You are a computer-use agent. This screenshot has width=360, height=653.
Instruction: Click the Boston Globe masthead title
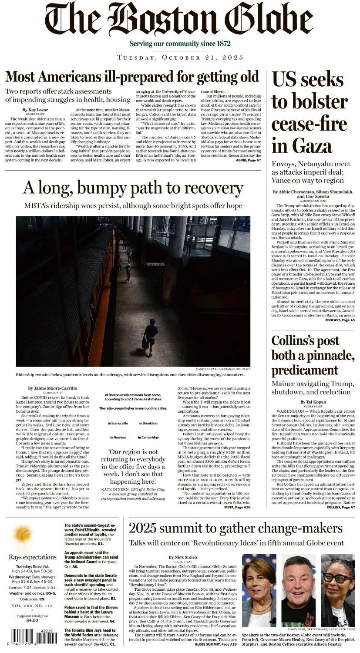point(179,20)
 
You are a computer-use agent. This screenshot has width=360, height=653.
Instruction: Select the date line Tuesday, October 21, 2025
point(180,57)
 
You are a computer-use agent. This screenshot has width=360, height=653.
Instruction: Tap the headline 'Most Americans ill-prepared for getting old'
point(132,77)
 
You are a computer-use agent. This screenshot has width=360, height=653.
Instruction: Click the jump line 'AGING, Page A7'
point(249,160)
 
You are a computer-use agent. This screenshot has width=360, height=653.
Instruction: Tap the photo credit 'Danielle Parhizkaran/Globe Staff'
point(222,369)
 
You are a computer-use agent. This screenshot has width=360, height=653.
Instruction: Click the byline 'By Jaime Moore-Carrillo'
point(52,388)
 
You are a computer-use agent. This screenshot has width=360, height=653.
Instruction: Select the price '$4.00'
point(32,620)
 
